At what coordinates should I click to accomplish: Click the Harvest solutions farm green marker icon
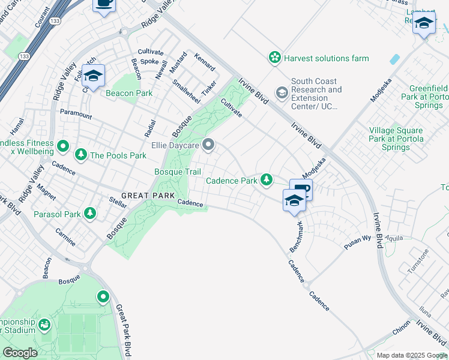point(275,58)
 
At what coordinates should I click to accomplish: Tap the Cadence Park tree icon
point(266,179)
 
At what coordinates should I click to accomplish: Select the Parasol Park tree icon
point(90,214)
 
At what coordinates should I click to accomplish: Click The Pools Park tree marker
point(80,155)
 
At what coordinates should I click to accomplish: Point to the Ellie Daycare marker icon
point(208,145)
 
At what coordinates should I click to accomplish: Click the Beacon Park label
point(129,93)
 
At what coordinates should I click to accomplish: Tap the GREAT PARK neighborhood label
point(148,196)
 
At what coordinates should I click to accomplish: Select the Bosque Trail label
point(178,172)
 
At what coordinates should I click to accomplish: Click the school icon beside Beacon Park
point(93,76)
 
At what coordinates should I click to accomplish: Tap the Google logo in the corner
point(20,352)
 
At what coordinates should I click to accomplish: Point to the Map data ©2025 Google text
point(412,355)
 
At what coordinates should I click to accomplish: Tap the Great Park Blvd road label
point(123,331)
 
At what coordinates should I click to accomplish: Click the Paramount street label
point(76,114)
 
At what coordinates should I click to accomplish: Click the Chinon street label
point(402,329)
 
